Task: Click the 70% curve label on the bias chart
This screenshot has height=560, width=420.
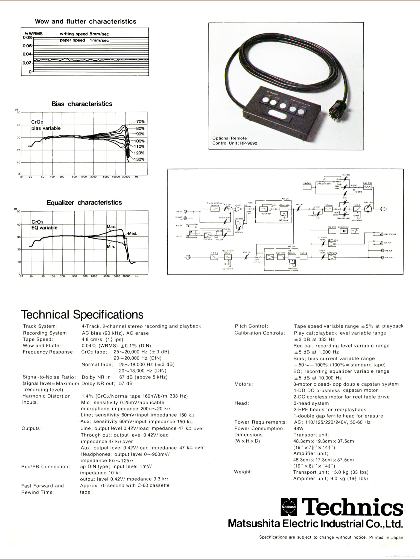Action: pos(140,122)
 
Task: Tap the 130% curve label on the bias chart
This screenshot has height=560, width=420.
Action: pos(139,159)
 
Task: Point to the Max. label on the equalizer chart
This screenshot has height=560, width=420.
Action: pos(111,227)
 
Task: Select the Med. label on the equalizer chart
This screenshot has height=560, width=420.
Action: pos(132,234)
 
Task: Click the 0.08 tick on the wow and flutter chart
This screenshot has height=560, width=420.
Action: pos(27,37)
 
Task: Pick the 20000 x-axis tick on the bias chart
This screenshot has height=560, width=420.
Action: pos(126,177)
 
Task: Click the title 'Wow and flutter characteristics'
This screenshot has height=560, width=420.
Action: pos(85,22)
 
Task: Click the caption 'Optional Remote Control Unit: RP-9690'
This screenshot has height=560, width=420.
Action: pos(235,141)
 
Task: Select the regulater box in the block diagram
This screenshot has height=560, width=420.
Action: pos(307,187)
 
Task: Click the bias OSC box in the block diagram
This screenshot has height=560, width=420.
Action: pos(367,187)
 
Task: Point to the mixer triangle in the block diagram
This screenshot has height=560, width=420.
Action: pos(238,209)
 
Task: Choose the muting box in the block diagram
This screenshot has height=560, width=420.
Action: pos(304,257)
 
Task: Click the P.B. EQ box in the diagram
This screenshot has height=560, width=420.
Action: pos(214,257)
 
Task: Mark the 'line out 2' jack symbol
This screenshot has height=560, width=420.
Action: pos(383,258)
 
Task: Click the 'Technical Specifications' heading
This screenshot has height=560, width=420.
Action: pos(82,315)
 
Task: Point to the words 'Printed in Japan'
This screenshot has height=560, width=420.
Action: pos(386,537)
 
